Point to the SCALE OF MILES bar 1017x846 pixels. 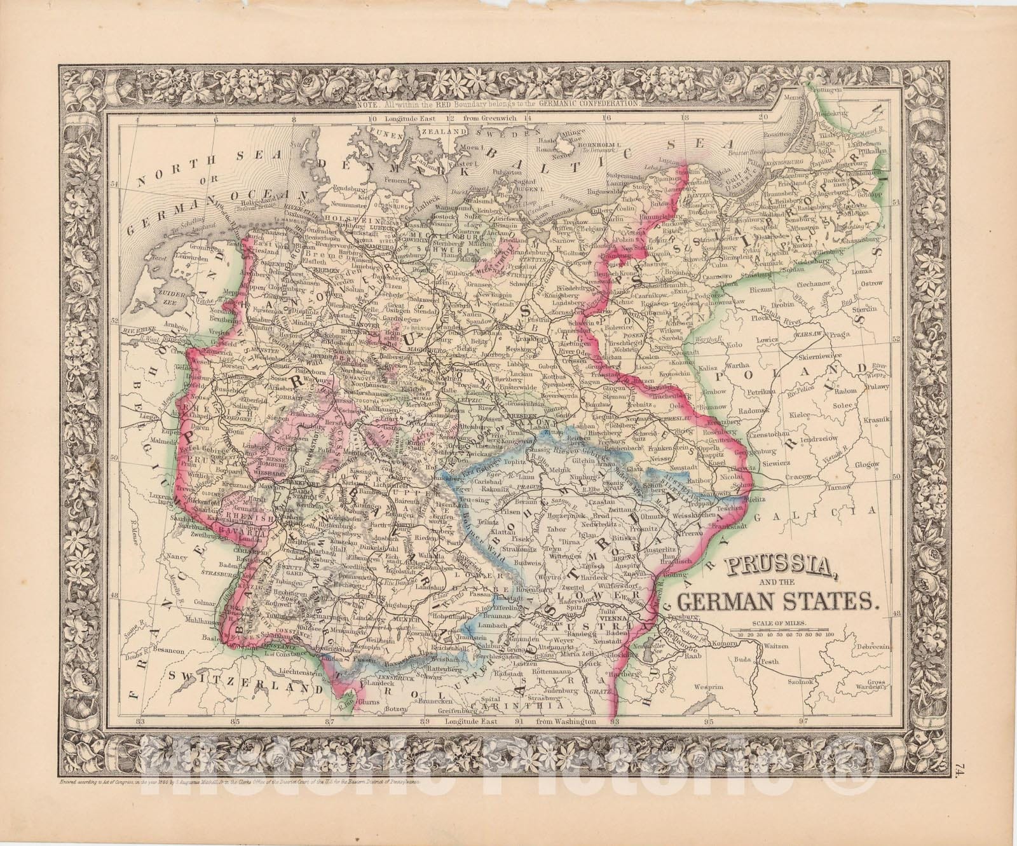[x=781, y=633]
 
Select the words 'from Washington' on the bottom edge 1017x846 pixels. [x=567, y=722]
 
